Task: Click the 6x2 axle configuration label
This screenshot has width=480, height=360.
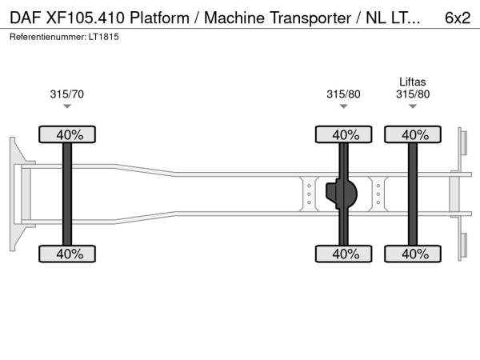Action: (x=457, y=18)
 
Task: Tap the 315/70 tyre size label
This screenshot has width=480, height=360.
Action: (x=66, y=94)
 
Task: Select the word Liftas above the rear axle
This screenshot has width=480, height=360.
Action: (x=413, y=82)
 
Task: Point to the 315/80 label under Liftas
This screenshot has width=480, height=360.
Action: (x=413, y=94)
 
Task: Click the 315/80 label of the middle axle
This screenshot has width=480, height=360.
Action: (x=343, y=94)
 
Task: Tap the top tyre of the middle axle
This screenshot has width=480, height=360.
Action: (x=345, y=134)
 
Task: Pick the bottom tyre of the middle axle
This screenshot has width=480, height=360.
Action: (x=345, y=254)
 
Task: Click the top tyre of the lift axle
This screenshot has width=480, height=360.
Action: (x=414, y=134)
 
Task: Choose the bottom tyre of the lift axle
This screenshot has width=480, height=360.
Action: (x=414, y=254)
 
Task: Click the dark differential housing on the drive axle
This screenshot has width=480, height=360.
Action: (x=345, y=194)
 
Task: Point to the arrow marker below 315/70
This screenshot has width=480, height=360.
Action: (x=67, y=106)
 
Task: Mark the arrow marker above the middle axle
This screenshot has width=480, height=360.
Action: (x=343, y=106)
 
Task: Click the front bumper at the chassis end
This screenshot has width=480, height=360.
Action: (x=16, y=194)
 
